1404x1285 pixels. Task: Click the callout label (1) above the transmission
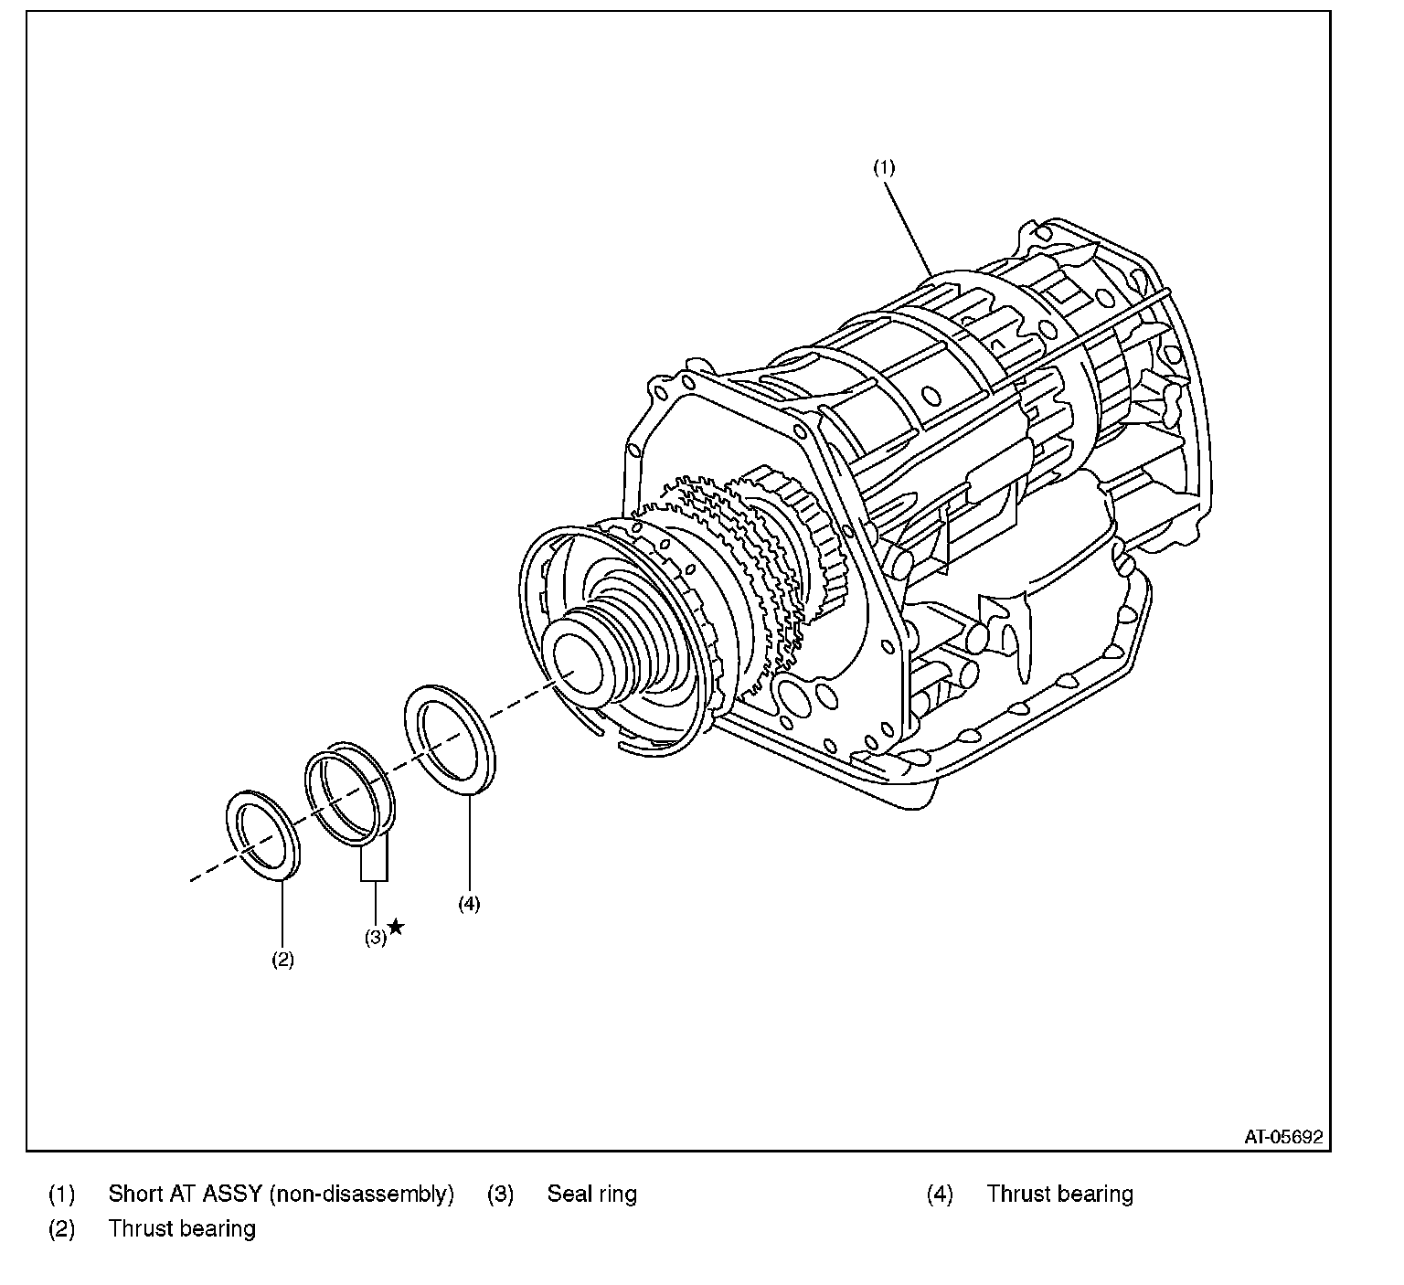[x=883, y=167]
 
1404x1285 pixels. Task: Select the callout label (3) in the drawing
[x=376, y=937]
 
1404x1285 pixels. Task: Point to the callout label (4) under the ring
[x=468, y=904]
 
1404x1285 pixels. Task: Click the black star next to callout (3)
[x=396, y=928]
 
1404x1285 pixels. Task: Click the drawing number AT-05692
[x=1283, y=1137]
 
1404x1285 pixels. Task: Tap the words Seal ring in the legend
[x=591, y=1194]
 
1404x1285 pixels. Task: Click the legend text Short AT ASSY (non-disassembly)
[x=281, y=1194]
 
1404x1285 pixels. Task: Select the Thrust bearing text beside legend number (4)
[x=1059, y=1194]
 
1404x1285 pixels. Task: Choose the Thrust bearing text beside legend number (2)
[x=182, y=1228]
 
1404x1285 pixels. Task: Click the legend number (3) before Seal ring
[x=500, y=1194]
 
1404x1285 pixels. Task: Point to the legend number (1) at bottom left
[x=61, y=1194]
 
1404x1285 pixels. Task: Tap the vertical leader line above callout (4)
[x=468, y=841]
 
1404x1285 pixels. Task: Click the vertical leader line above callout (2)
[x=282, y=914]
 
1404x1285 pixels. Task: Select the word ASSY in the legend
[x=232, y=1194]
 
